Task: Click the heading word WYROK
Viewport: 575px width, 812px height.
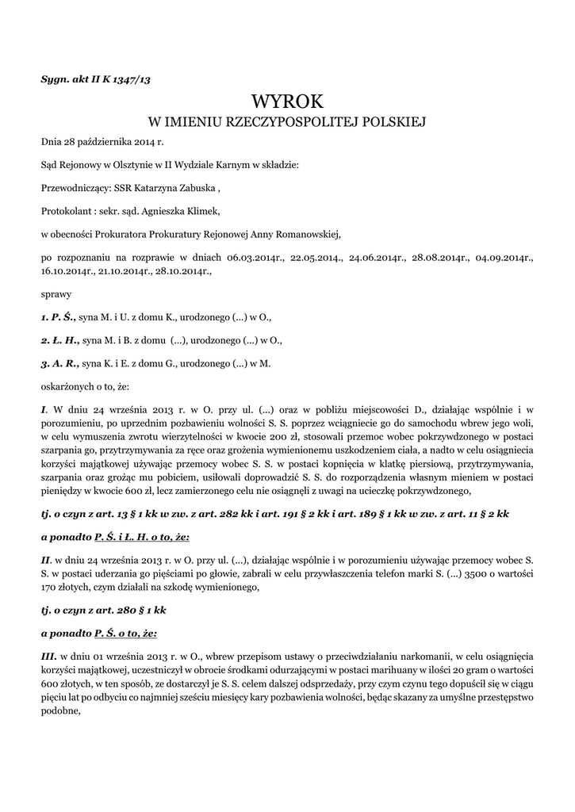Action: coord(287,101)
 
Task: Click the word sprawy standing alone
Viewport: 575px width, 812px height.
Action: coord(55,293)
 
